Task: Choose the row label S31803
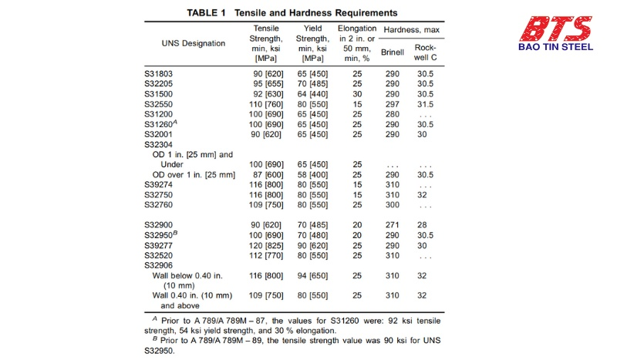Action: click(x=160, y=72)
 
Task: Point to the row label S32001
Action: click(x=160, y=133)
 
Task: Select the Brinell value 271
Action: click(x=392, y=224)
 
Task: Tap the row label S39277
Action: click(x=160, y=245)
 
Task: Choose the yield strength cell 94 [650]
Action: click(x=313, y=275)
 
